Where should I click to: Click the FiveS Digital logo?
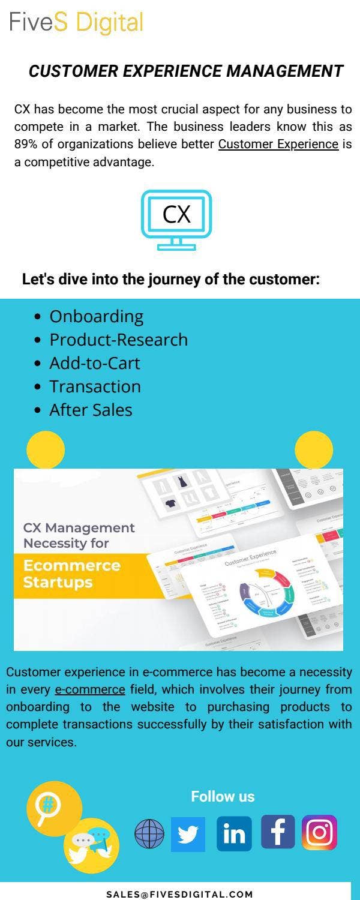(76, 23)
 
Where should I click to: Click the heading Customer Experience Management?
(186, 71)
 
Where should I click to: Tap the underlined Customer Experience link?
(278, 144)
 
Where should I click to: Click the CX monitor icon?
(176, 219)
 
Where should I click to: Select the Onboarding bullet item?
(96, 316)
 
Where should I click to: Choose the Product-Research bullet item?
(118, 340)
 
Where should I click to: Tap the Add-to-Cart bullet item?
(94, 363)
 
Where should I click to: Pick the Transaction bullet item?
(95, 386)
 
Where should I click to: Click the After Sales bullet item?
(91, 410)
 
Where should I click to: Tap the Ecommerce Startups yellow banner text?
(71, 574)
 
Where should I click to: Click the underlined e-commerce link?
(90, 689)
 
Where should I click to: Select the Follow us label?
(223, 797)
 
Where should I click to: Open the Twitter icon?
(188, 834)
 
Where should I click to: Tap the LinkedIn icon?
(234, 834)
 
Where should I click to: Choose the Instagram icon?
(319, 833)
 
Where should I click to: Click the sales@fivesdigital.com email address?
(180, 894)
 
